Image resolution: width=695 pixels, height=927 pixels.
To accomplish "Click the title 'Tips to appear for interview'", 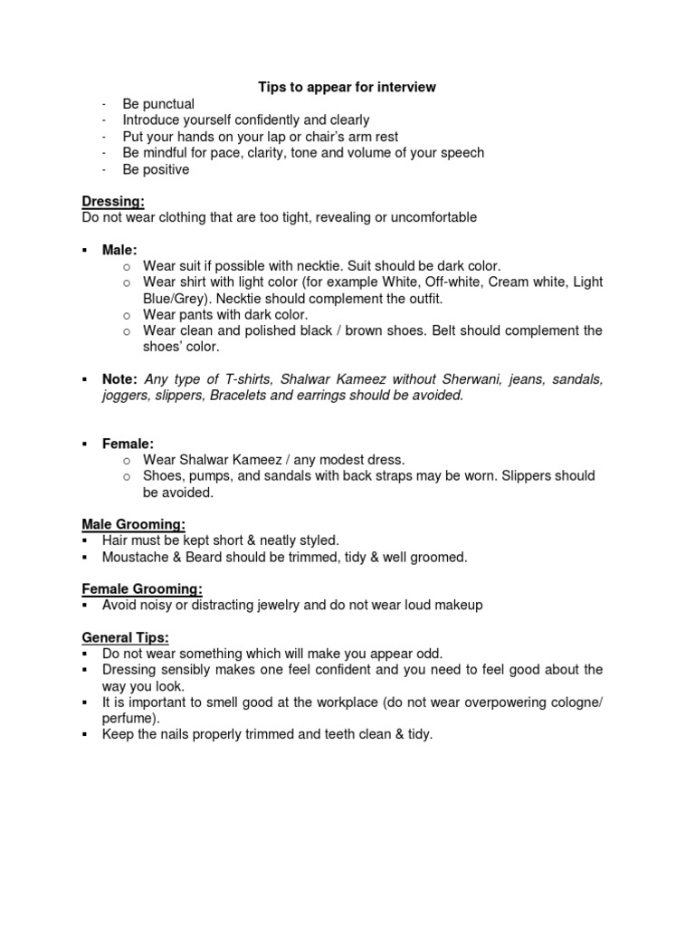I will pos(347,87).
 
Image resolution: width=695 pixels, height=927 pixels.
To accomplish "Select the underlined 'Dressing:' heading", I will pos(113,202).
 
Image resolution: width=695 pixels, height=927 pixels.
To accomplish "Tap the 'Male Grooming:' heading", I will pos(134,524).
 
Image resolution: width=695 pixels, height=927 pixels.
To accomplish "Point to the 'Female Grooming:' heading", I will pos(142,588).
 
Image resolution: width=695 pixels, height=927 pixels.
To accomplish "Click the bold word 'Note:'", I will pos(120,379).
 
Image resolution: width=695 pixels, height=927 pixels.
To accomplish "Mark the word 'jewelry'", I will pos(269,605).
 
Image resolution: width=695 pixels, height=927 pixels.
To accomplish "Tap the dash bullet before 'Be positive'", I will pos(105,169).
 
